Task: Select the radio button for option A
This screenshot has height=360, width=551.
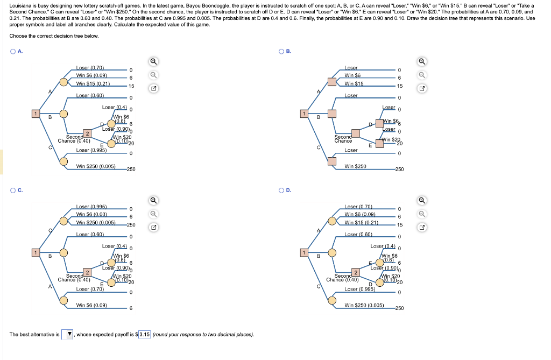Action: tap(12, 51)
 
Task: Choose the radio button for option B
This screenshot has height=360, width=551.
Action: tap(281, 51)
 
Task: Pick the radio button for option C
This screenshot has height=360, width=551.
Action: tap(12, 190)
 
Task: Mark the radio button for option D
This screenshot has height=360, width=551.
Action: tap(281, 190)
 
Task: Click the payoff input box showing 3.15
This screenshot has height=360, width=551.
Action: tap(144, 335)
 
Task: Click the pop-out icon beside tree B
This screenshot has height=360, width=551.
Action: tap(422, 88)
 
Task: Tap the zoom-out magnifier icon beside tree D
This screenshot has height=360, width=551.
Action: tap(422, 213)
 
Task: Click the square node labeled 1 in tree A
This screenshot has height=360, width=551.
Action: tap(36, 114)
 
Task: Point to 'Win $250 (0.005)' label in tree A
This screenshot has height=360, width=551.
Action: tap(96, 166)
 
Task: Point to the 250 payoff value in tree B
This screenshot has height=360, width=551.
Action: tap(399, 170)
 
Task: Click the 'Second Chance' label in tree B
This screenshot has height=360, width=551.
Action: tap(342, 138)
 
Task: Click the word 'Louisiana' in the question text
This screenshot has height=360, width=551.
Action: tap(20, 5)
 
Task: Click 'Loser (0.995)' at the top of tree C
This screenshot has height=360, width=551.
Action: tap(91, 207)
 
